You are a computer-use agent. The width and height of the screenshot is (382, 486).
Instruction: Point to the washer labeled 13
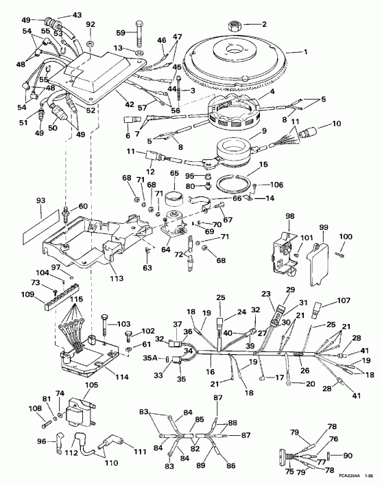(139, 51)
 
